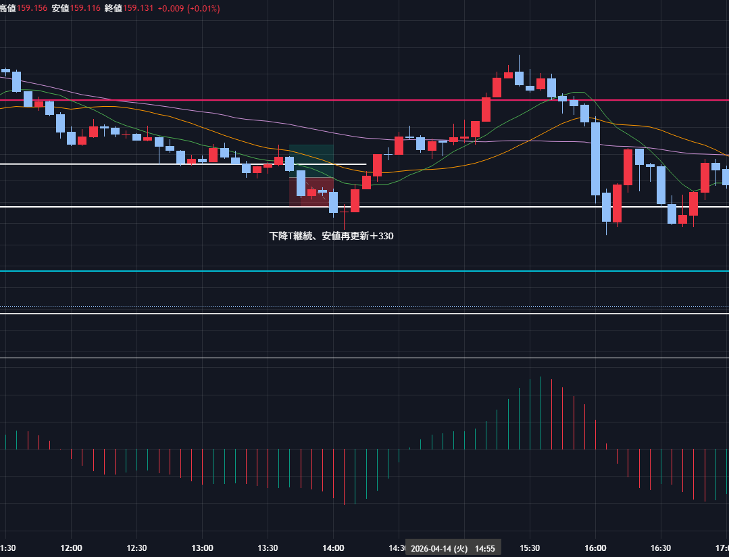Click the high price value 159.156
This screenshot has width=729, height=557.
tap(32, 8)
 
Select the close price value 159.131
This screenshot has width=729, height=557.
tap(139, 8)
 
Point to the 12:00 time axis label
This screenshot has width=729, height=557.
tap(71, 548)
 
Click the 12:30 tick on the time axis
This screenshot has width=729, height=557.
tap(136, 548)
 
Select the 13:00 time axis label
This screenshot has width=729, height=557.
tap(202, 548)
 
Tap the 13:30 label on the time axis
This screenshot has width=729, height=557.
tap(268, 548)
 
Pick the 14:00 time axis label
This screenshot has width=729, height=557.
tap(333, 548)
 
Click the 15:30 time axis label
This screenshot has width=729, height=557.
tap(530, 548)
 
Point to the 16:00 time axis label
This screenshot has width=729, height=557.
tap(595, 548)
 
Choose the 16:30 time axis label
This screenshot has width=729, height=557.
tap(661, 548)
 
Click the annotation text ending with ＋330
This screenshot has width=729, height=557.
tap(331, 237)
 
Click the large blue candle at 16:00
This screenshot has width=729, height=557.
tap(595, 159)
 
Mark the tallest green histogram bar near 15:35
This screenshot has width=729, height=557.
tap(541, 412)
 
